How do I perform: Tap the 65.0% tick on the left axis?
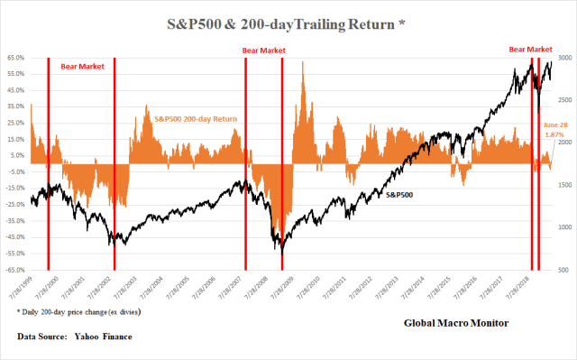pyautogui.click(x=16, y=58)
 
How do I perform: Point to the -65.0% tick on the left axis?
pyautogui.click(x=15, y=269)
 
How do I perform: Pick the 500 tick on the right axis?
pyautogui.click(x=560, y=269)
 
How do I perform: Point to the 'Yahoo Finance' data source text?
pyautogui.click(x=99, y=337)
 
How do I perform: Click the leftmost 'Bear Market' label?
pyautogui.click(x=83, y=67)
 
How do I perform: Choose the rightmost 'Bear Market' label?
pyautogui.click(x=530, y=49)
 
